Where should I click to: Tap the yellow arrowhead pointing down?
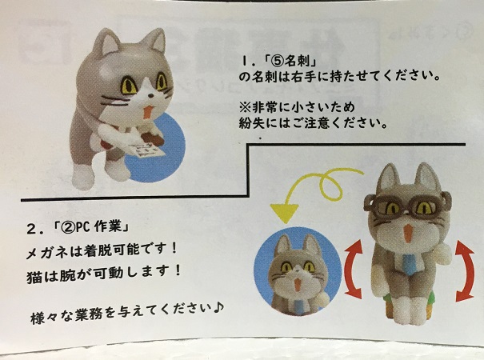[x=284, y=212]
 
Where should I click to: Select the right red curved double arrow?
[x=465, y=270]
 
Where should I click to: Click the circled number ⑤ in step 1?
[x=276, y=61]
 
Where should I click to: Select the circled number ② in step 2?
[x=66, y=228]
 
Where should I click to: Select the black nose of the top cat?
[x=150, y=95]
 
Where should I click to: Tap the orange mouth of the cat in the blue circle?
[x=297, y=283]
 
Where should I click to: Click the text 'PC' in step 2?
[x=82, y=228]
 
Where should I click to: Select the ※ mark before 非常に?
[x=244, y=107]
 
